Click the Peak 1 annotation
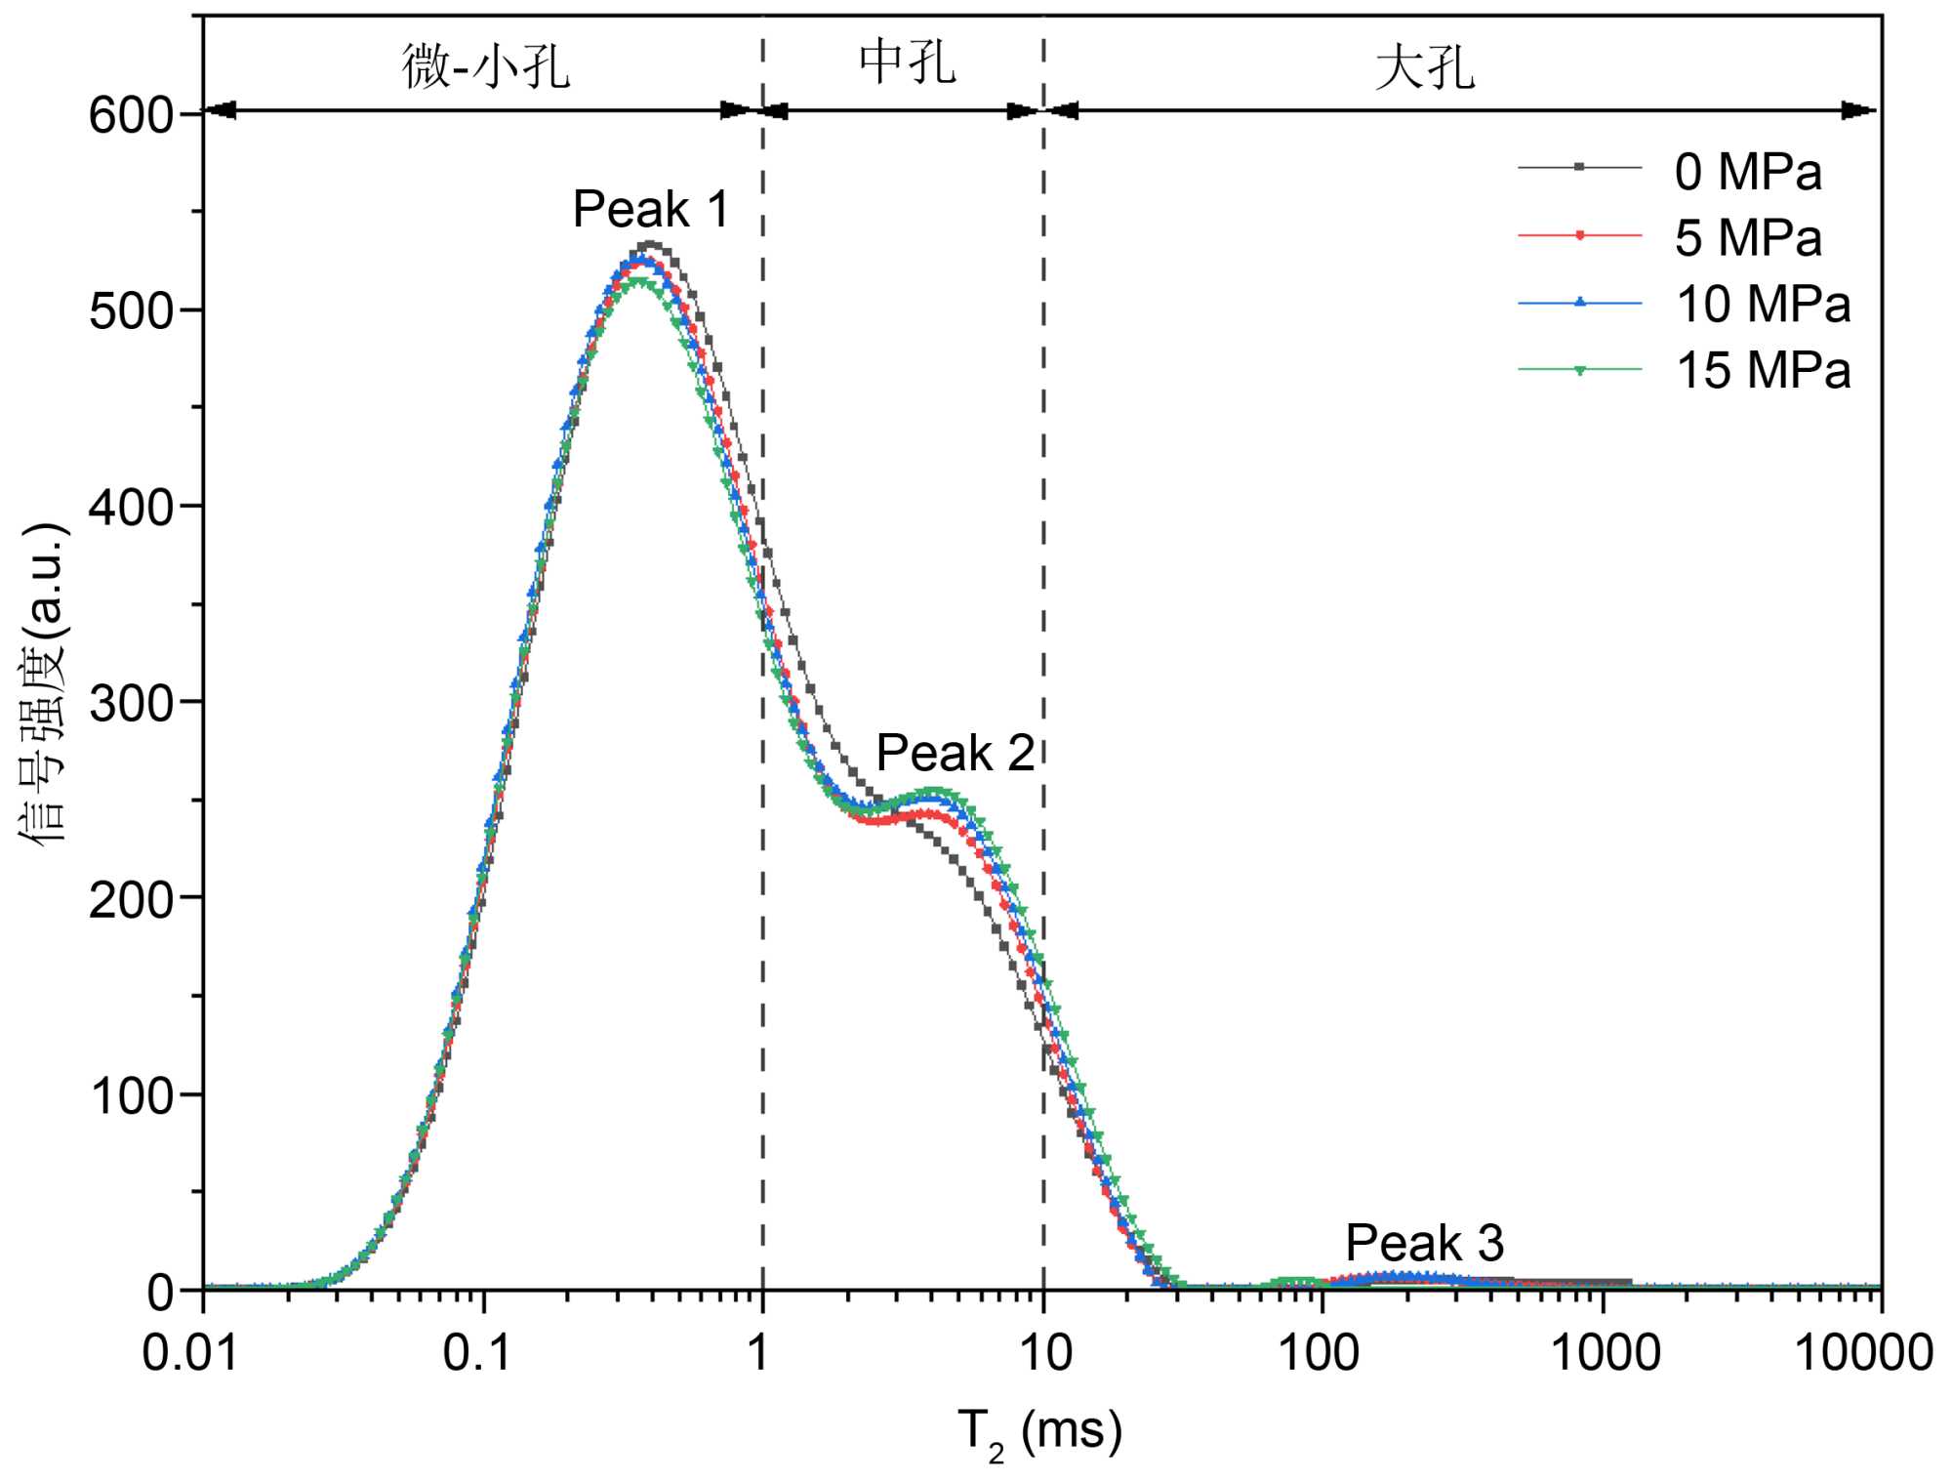(650, 209)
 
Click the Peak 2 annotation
(955, 753)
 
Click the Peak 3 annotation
(1424, 1243)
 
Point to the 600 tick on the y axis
(131, 115)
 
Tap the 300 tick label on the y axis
(131, 704)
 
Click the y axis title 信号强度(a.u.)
(44, 683)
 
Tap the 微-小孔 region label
(485, 66)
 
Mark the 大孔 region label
(1424, 68)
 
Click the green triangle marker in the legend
(1580, 370)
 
